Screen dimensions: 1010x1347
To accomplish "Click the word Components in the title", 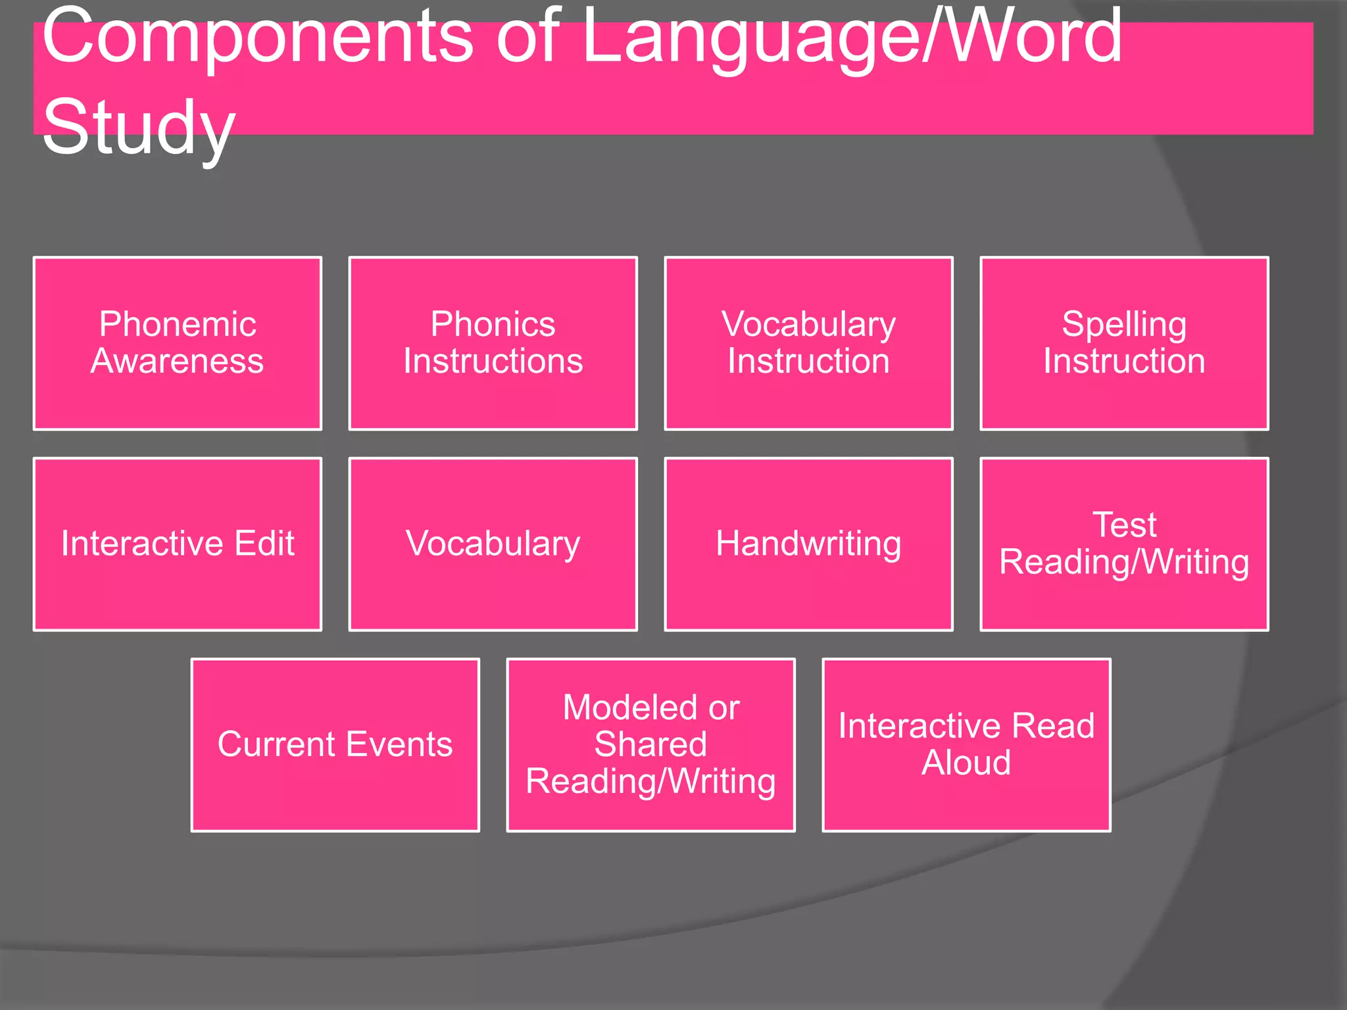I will pyautogui.click(x=257, y=36).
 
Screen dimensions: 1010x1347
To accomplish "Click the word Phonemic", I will pyautogui.click(x=178, y=324).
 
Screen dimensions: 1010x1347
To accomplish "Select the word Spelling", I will pyautogui.click(x=1124, y=324).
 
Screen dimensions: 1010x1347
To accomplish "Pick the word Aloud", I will pyautogui.click(x=966, y=763).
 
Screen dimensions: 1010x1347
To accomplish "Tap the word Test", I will pyautogui.click(x=1124, y=525).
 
